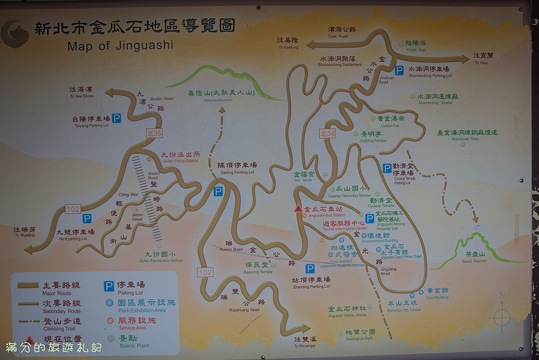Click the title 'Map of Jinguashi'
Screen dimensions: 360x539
(120, 46)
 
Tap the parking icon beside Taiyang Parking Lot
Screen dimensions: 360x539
(117, 119)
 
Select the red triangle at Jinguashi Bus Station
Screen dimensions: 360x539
(298, 209)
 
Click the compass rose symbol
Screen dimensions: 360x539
(503, 316)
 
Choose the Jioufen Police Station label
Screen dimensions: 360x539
(180, 156)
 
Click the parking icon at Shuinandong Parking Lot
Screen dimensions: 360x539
(399, 71)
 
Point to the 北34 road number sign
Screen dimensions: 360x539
(327, 133)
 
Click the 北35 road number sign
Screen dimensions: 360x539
(155, 133)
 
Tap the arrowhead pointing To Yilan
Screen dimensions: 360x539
(465, 59)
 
